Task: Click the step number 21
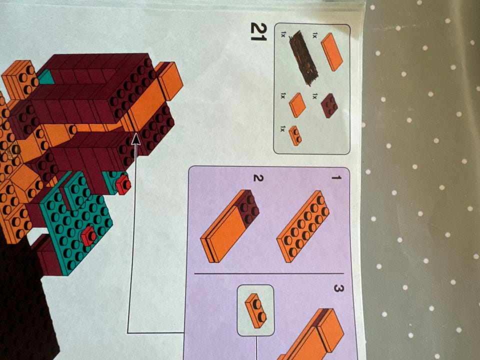258,31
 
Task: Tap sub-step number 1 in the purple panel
336,177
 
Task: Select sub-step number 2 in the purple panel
258,178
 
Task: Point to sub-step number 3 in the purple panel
338,288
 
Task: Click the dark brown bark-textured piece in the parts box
303,58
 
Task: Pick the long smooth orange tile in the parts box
331,51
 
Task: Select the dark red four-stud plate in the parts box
329,105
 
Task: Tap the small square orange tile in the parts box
297,105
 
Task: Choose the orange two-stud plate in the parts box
295,135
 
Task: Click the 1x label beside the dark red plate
314,96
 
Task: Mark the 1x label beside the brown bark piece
283,34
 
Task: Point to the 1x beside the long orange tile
314,35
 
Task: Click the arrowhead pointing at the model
135,139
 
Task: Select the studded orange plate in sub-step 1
303,226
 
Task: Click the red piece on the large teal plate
88,235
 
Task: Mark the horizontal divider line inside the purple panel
269,273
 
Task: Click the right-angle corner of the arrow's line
127,333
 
